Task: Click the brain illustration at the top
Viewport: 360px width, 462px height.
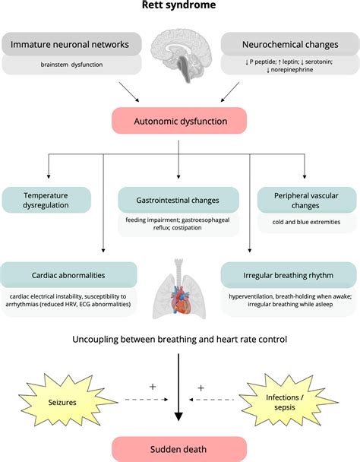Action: (x=179, y=52)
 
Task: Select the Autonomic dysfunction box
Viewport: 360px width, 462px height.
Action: (x=179, y=121)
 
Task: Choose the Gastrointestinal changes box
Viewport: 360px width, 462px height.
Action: (x=179, y=200)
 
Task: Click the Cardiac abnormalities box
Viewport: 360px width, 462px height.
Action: (x=68, y=274)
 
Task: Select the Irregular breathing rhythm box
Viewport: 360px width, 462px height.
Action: (x=289, y=274)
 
